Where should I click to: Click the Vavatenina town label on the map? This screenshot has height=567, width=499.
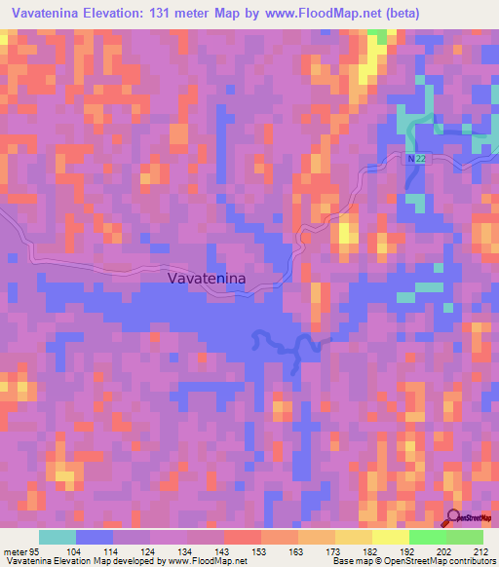point(208,279)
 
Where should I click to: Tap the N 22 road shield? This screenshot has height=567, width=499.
point(416,159)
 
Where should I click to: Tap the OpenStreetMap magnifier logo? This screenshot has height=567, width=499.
point(455,517)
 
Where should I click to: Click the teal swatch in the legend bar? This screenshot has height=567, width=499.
point(58,536)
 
